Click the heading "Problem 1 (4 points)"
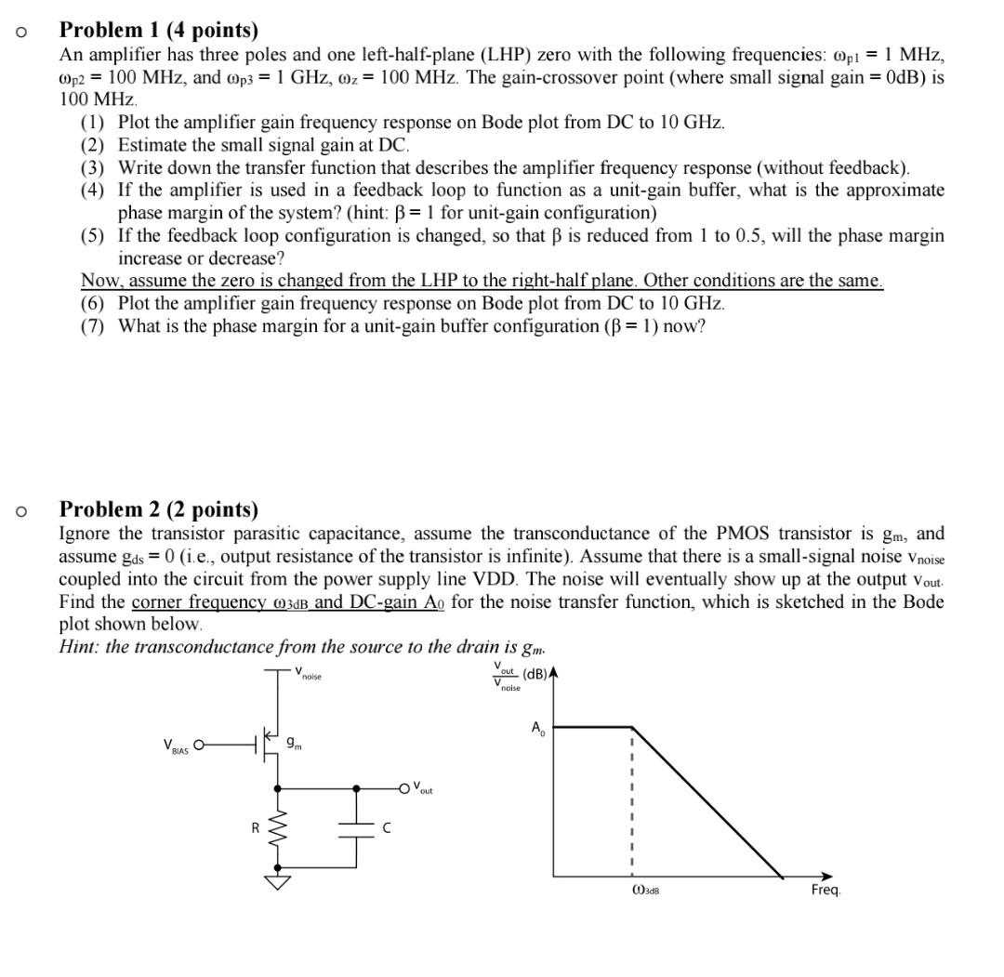(x=159, y=32)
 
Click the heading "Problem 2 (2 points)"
(x=159, y=509)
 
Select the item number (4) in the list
(x=93, y=191)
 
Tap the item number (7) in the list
(x=93, y=325)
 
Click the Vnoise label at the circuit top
(x=308, y=675)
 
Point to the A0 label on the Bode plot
(x=538, y=728)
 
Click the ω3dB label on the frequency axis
(x=645, y=890)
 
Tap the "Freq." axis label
(x=826, y=890)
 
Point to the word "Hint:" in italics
(x=80, y=647)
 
